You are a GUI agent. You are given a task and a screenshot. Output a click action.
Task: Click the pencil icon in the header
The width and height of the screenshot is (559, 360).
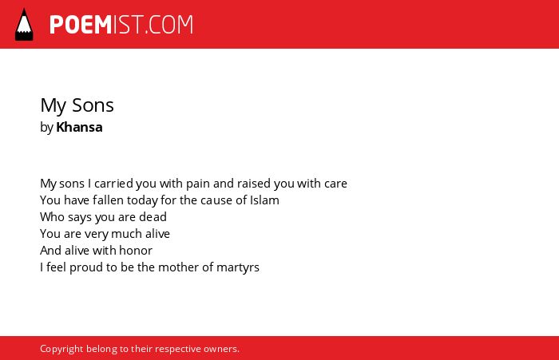24,25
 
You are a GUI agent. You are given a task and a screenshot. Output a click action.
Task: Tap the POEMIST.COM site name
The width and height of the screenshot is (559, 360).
121,25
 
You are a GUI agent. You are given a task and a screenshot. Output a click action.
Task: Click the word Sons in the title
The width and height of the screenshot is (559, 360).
93,105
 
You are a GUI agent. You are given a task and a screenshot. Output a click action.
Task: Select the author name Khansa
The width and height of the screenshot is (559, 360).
79,127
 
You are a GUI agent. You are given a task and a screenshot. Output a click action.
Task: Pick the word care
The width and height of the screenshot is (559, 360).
335,184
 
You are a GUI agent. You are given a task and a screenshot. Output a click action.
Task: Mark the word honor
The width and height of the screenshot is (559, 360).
136,251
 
